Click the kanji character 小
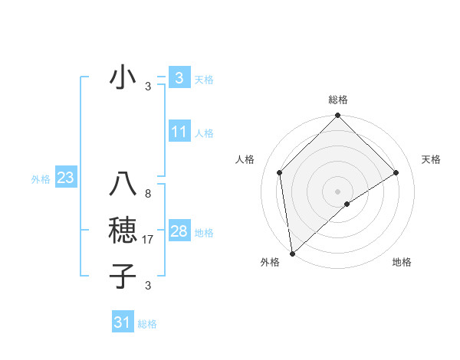click(x=123, y=78)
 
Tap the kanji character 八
click(x=123, y=185)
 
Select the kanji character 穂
click(x=123, y=232)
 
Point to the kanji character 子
click(x=123, y=276)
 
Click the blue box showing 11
click(x=179, y=132)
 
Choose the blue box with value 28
click(x=179, y=231)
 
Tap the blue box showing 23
click(x=65, y=178)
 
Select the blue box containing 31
click(x=123, y=322)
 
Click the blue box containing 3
click(x=179, y=78)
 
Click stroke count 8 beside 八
click(x=147, y=194)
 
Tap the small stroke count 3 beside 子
click(x=147, y=286)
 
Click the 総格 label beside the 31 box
click(x=147, y=324)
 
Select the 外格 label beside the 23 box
click(x=41, y=179)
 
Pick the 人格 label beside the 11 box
click(x=204, y=133)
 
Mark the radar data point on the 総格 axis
click(x=337, y=116)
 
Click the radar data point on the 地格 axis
click(x=347, y=204)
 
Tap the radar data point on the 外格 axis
click(x=292, y=253)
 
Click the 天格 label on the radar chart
click(x=432, y=159)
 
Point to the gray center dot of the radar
click(x=337, y=191)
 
